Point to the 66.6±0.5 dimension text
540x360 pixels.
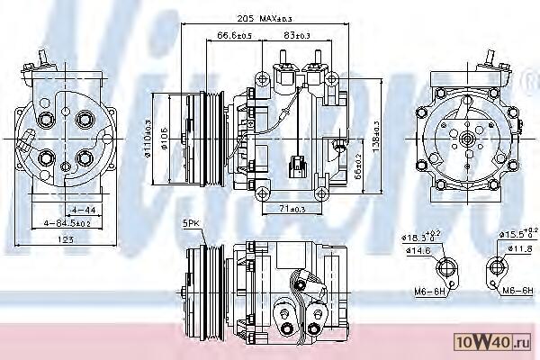point(234,36)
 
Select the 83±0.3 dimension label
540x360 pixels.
point(298,36)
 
